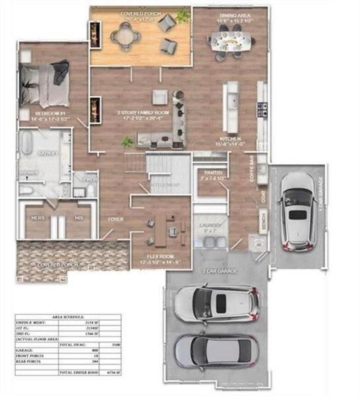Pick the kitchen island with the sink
pyautogui.click(x=230, y=106)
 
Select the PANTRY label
pyautogui.click(x=213, y=173)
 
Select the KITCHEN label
pyautogui.click(x=230, y=139)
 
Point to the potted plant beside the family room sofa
pyautogui.click(x=127, y=142)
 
